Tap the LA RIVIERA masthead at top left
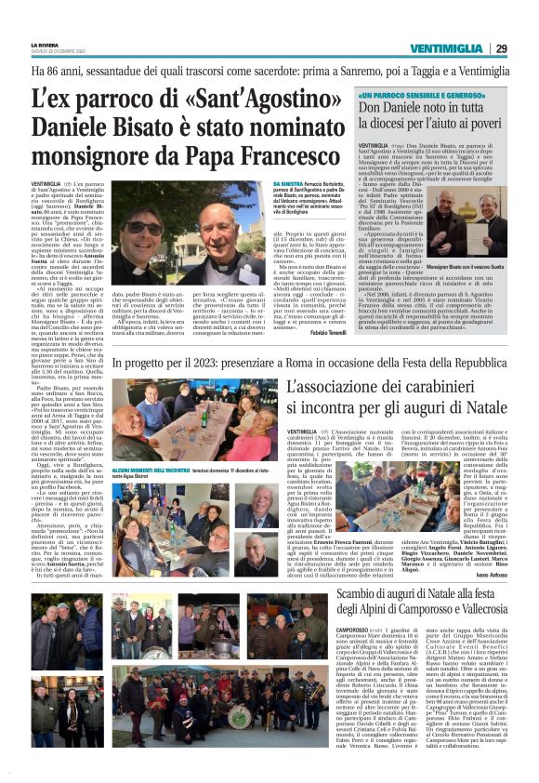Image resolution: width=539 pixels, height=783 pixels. (46, 45)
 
